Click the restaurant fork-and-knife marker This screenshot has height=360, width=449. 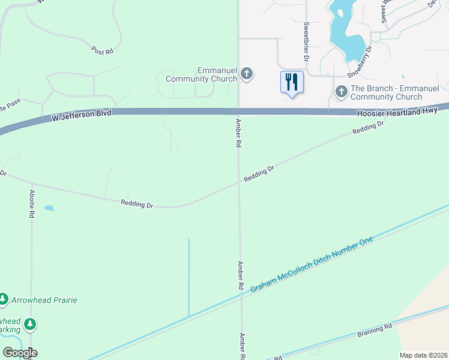click(x=292, y=82)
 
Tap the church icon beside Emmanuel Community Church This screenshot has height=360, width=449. click(x=246, y=74)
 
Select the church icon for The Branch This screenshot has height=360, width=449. click(x=341, y=92)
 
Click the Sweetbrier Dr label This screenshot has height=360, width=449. click(x=306, y=42)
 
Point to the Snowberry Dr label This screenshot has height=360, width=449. click(x=360, y=61)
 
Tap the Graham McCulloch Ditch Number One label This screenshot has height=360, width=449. click(x=312, y=265)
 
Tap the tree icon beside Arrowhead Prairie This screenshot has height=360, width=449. click(x=4, y=299)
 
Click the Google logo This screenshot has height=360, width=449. click(x=19, y=353)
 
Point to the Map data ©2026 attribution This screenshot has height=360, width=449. click(x=423, y=355)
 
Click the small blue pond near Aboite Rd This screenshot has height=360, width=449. click(x=49, y=208)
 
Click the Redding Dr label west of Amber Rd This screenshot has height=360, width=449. click(x=137, y=205)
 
